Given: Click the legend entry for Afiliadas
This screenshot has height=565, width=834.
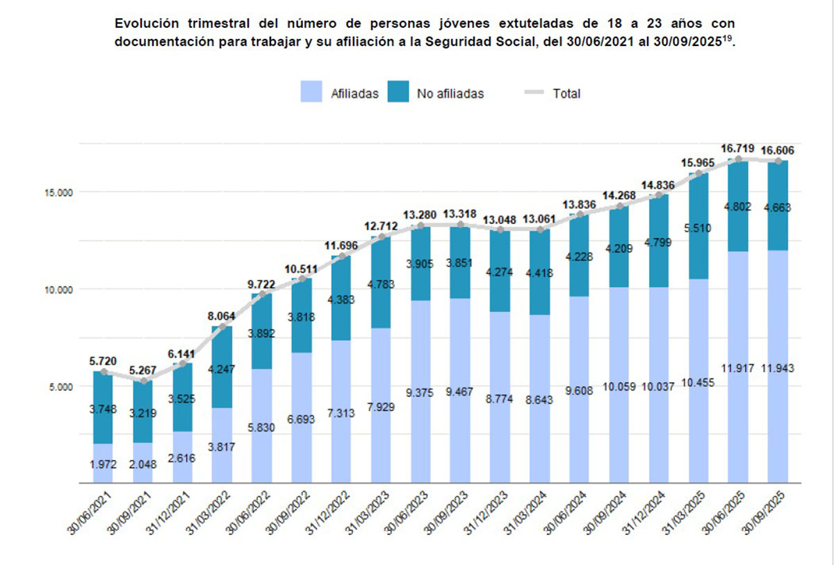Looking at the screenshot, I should (x=339, y=93).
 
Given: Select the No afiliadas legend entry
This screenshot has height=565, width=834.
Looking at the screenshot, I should (x=436, y=93).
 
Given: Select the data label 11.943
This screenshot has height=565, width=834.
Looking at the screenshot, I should (x=777, y=368).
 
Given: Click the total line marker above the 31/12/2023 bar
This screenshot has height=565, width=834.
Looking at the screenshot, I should (x=500, y=230).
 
